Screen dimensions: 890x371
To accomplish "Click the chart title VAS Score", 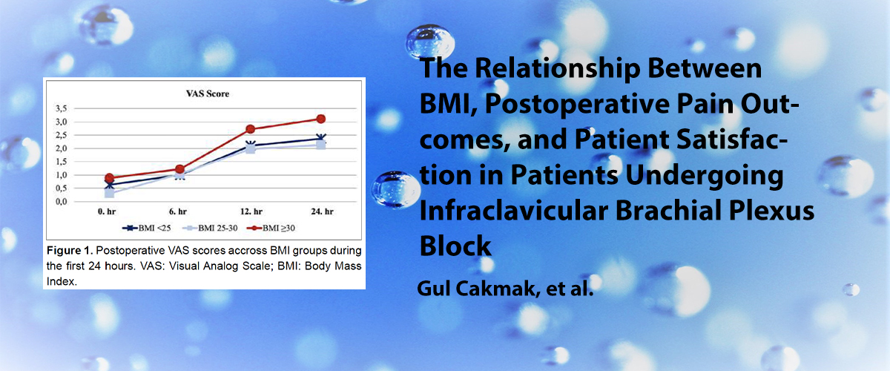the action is tap(208, 93).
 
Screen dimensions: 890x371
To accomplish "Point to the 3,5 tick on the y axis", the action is tap(61, 108).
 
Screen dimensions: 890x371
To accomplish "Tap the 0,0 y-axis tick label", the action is tap(61, 202).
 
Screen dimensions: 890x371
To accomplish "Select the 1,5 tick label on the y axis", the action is tap(61, 162).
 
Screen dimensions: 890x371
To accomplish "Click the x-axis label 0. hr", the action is tap(107, 211).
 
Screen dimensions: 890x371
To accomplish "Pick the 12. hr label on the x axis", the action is tap(251, 211).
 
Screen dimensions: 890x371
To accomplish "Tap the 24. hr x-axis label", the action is tap(322, 211).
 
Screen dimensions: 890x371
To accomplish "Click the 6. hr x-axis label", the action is tap(177, 211).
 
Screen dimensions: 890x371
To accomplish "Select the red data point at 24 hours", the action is tap(321, 119).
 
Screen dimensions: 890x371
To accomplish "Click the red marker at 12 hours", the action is tap(251, 129).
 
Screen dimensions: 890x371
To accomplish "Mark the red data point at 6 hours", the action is tap(179, 169).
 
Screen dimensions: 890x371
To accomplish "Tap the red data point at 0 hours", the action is tap(109, 178).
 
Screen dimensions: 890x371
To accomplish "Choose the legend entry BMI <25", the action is tap(147, 229).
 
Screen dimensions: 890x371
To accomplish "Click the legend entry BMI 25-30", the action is tap(210, 229).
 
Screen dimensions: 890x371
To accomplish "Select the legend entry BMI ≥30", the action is tap(271, 229).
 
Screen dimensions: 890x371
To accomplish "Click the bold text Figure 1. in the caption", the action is tap(70, 251).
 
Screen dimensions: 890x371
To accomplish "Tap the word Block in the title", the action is tap(455, 246).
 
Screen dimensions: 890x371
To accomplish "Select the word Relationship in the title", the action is tap(558, 69).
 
